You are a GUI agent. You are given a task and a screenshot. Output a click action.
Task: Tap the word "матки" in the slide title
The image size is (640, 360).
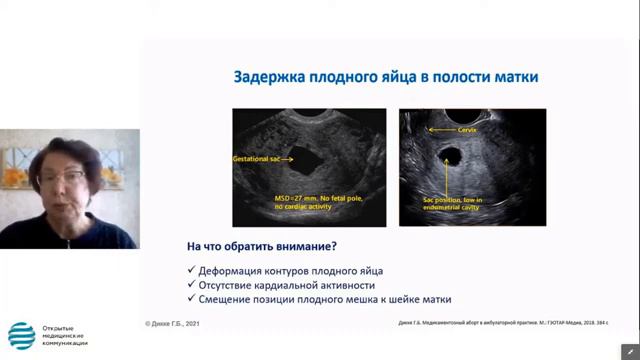point(518,76)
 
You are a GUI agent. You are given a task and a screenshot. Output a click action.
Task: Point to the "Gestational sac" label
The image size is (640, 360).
point(258,159)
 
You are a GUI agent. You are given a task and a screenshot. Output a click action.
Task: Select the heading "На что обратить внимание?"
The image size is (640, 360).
point(261,247)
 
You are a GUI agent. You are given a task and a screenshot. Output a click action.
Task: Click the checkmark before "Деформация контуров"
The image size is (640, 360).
point(191,271)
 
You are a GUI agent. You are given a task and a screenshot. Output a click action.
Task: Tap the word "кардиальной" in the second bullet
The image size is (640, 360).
point(300,285)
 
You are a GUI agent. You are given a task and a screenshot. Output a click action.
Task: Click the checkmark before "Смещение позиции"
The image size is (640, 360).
point(191,299)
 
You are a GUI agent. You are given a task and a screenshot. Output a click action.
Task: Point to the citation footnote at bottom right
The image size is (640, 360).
point(496,323)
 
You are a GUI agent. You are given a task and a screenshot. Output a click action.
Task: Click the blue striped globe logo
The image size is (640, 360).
point(21,336)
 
